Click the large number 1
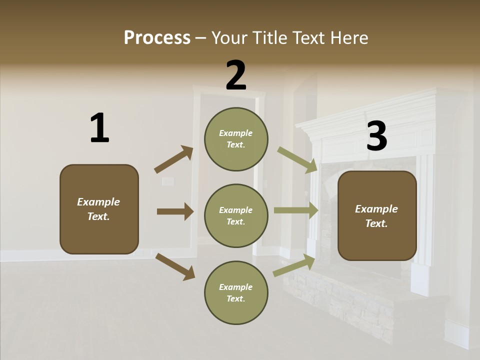[99, 128]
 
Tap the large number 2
[236, 75]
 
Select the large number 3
[376, 136]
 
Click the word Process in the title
[157, 37]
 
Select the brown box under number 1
[99, 209]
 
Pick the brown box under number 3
[377, 215]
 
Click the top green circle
[236, 139]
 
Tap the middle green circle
[236, 215]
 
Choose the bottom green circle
[236, 292]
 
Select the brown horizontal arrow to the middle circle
[175, 211]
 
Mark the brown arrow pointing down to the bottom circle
[175, 266]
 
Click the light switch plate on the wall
[167, 181]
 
